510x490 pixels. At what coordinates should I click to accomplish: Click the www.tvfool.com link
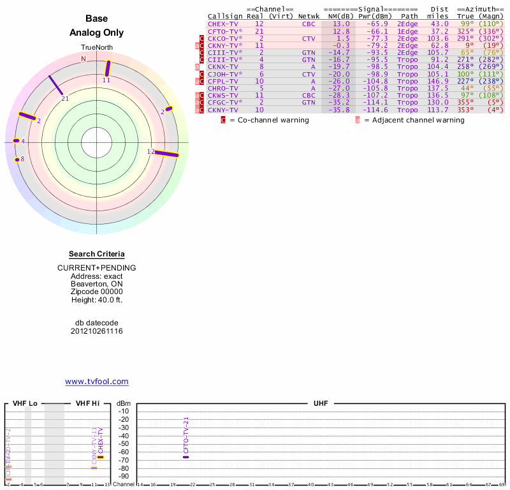97,382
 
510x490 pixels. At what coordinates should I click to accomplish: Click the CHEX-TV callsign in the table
222,24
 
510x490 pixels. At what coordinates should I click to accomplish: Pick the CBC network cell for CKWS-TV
309,95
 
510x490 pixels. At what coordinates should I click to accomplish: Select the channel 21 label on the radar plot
65,98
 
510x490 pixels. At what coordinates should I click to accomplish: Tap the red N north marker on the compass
83,59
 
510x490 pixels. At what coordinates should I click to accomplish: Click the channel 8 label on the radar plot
22,159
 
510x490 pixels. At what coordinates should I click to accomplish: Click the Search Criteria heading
97,254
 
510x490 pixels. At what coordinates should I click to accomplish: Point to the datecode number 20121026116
97,331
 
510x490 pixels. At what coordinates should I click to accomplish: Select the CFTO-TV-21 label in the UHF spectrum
186,435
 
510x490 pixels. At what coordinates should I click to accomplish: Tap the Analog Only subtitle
97,33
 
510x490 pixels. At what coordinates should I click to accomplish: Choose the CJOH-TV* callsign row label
224,74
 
